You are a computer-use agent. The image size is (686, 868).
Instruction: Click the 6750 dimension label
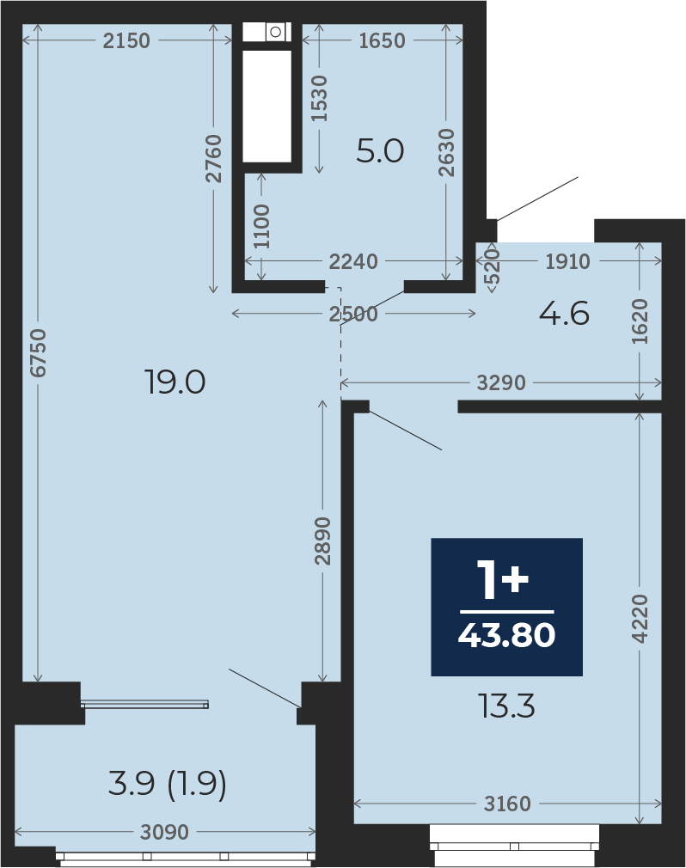38,353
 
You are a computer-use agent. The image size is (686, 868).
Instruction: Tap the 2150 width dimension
126,40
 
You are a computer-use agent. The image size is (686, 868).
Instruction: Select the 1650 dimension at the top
382,40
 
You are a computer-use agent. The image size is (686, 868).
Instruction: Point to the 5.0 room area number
380,151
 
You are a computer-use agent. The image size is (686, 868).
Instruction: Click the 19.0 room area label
175,382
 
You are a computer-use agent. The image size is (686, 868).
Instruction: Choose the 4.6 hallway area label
564,314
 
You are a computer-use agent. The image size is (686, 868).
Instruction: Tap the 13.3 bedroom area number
507,706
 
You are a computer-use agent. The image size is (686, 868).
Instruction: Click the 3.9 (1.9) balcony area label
168,784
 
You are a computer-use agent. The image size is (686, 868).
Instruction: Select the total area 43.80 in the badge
506,635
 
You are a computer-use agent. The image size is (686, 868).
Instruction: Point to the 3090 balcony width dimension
164,831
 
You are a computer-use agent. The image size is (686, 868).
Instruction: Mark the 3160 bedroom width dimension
507,804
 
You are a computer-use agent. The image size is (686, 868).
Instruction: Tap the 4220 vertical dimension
640,618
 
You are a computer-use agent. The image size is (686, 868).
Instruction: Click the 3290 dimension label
501,382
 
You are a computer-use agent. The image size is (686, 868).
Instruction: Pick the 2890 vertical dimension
322,541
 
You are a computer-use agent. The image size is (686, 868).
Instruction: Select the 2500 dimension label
353,314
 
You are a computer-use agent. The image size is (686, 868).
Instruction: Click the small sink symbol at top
275,32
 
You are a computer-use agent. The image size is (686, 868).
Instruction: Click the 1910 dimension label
567,261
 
